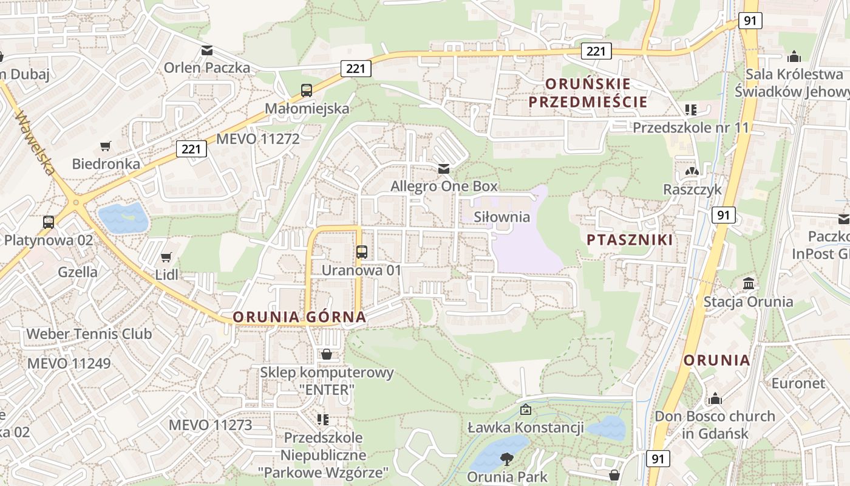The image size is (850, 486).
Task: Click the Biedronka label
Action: [x=106, y=163]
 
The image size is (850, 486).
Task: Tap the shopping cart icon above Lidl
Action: [x=166, y=258]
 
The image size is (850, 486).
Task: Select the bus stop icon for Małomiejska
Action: [x=307, y=91]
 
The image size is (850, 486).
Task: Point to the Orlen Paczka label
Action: [x=206, y=67]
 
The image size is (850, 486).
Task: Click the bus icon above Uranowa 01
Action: [x=362, y=252]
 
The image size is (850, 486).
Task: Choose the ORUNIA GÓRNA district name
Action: [x=299, y=317]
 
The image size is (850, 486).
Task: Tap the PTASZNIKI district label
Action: [x=630, y=240]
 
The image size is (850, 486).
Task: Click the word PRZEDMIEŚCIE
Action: [x=588, y=101]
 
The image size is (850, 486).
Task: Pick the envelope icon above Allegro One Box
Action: [x=444, y=168]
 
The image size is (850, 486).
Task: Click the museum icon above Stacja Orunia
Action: [x=749, y=284]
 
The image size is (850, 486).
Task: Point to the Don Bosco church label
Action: [x=715, y=417]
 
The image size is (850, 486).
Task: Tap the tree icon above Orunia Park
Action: [x=506, y=459]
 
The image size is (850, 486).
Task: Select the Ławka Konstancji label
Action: [x=525, y=428]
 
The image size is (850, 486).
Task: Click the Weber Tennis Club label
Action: [x=89, y=334]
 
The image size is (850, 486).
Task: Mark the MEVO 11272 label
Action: [x=257, y=139]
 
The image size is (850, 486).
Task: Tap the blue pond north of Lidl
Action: [x=124, y=217]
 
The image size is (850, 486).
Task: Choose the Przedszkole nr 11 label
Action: [x=691, y=128]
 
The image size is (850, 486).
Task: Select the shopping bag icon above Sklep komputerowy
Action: [x=327, y=354]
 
